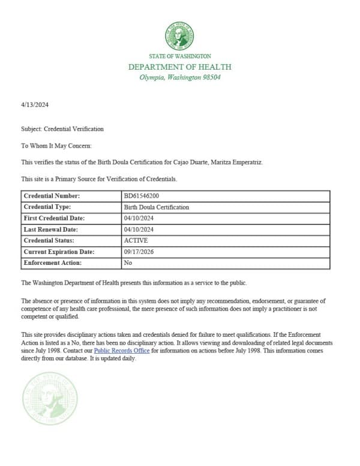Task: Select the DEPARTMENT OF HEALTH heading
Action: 179,67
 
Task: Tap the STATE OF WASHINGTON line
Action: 179,56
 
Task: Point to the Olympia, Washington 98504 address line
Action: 179,77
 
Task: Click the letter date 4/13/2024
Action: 35,105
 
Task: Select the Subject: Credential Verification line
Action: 62,129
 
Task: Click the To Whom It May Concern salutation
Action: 56,145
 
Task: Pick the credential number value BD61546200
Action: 141,196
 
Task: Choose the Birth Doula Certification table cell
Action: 156,207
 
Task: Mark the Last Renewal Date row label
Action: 51,229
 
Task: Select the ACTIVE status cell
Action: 136,240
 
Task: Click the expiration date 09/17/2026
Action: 139,252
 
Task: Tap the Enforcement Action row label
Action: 52,263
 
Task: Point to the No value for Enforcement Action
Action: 128,263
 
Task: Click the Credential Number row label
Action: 52,196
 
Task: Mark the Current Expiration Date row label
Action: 59,252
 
